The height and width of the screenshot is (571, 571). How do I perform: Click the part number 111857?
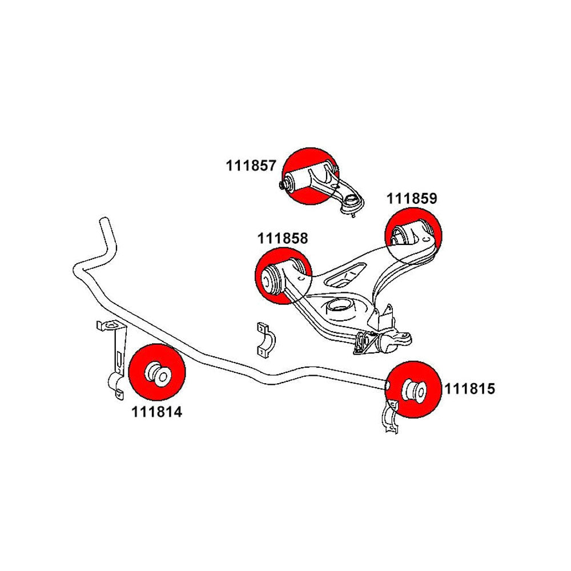click(251, 166)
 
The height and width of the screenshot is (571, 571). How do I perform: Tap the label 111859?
click(411, 199)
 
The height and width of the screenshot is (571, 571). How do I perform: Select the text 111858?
click(283, 238)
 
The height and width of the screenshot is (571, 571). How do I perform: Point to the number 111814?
click(156, 411)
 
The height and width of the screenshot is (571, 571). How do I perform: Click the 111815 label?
click(469, 389)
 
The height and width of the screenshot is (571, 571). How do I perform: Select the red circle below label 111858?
click(282, 276)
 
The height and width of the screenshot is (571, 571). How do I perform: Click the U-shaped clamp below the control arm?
click(263, 341)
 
